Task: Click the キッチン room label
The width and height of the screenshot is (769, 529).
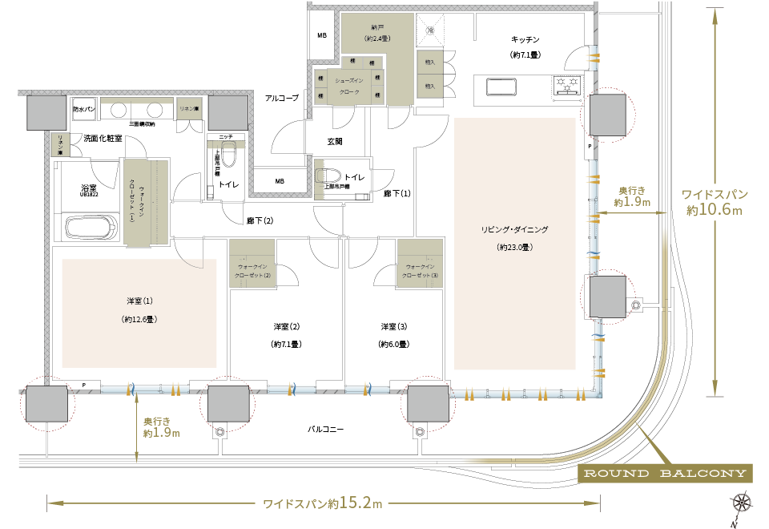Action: tap(525, 39)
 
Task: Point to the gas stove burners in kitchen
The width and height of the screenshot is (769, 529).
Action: tap(567, 84)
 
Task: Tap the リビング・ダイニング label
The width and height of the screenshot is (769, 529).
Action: tap(514, 230)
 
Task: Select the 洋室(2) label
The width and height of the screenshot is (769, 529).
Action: tap(286, 326)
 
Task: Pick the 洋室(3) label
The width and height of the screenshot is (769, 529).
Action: tap(393, 326)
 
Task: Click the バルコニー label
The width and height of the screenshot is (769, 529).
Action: tap(326, 430)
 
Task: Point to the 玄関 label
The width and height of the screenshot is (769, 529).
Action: tap(334, 141)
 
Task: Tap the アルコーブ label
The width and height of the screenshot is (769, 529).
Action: tap(281, 98)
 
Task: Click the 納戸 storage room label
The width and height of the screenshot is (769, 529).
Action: tap(376, 28)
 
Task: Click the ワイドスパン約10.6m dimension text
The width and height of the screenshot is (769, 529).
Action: tap(715, 202)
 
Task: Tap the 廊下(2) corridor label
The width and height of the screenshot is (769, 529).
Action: tap(258, 220)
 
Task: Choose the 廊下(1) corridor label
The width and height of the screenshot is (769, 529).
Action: tap(397, 193)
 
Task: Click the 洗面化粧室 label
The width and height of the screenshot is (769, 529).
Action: tap(103, 138)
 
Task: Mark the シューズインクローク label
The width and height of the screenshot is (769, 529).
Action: tap(349, 87)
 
